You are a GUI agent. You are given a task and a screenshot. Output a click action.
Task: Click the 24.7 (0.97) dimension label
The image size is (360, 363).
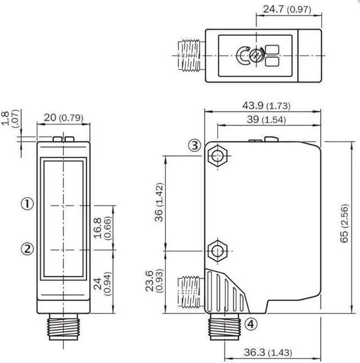(x=287, y=9)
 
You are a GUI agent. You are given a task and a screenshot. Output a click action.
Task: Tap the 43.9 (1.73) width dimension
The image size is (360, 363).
(x=266, y=106)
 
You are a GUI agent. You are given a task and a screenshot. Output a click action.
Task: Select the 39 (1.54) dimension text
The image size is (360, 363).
(x=266, y=120)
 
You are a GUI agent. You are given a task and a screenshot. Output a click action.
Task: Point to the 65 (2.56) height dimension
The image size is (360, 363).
(x=344, y=223)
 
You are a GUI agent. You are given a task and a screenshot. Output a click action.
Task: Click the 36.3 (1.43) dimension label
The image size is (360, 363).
(x=268, y=352)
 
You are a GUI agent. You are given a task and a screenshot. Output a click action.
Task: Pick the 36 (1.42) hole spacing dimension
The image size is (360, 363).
(x=159, y=203)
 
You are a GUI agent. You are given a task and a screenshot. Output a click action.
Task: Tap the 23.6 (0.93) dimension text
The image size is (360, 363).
(x=155, y=281)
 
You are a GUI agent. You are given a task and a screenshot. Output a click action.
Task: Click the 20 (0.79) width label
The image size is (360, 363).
(x=64, y=118)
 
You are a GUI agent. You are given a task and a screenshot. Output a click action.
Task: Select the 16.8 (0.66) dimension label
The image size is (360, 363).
(x=103, y=228)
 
